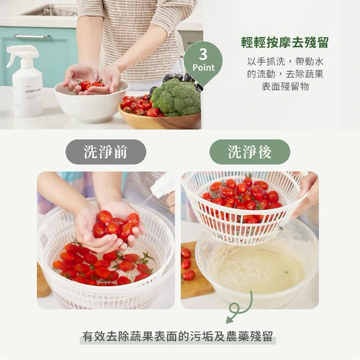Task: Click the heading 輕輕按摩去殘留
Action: coord(285,43)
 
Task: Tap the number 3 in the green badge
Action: coord(203,54)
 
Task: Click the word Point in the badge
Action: coord(204,67)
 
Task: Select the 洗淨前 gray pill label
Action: coord(106,152)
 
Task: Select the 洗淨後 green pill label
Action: coord(250,152)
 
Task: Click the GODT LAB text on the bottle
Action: coord(33,91)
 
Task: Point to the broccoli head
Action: coord(176,97)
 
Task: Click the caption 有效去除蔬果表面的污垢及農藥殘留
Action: coord(178,336)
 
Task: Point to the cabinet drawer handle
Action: coord(32,36)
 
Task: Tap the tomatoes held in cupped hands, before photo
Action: coord(116,225)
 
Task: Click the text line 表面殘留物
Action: coord(285,87)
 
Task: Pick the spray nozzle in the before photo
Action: coord(162,186)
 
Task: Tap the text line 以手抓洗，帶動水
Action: coord(285,61)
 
